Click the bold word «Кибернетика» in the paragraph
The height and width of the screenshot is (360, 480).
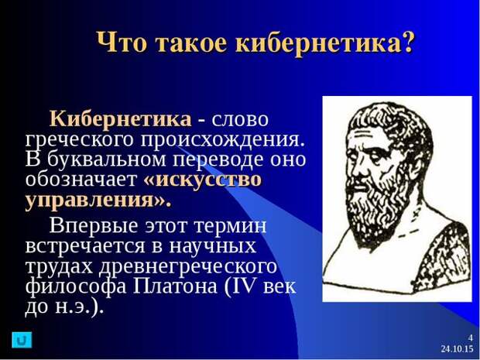click(x=121, y=118)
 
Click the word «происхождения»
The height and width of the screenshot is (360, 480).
click(x=223, y=141)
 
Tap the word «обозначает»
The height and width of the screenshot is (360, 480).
click(x=81, y=180)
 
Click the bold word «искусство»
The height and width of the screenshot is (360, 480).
click(x=202, y=180)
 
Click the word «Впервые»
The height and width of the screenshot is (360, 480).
click(x=94, y=227)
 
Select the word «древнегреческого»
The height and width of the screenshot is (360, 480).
click(x=187, y=267)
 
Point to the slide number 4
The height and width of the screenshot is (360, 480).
click(x=471, y=338)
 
